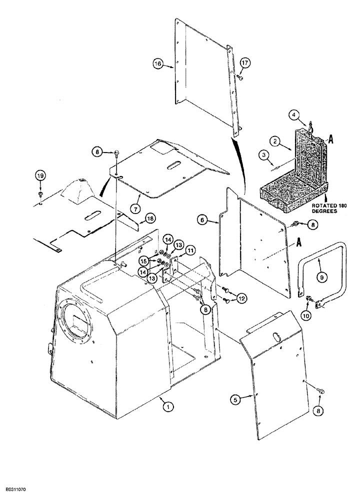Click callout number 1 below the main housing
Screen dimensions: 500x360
click(x=168, y=407)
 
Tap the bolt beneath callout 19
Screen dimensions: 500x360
click(x=40, y=193)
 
